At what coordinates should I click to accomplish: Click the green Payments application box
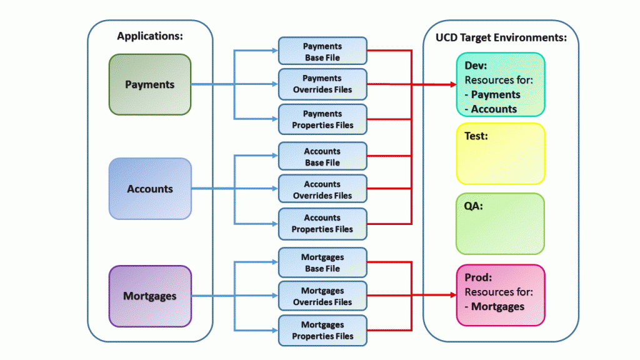tap(150, 84)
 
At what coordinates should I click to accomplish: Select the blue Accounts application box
tap(150, 189)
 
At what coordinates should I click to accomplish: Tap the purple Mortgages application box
tap(150, 296)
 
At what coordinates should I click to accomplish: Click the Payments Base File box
tap(322, 52)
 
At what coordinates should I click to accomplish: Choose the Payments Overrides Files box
tap(322, 84)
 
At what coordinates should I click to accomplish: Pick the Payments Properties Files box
tap(322, 119)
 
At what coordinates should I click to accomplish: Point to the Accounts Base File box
tap(322, 157)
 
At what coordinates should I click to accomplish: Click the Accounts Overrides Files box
tap(322, 190)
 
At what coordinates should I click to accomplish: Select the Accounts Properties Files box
tap(322, 224)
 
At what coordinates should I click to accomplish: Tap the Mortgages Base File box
tap(322, 263)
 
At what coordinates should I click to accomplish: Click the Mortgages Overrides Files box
tap(322, 296)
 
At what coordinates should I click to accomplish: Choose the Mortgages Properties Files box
tap(322, 331)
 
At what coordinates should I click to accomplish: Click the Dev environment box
tap(501, 84)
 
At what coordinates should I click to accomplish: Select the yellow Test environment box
tap(501, 154)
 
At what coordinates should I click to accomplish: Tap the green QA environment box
tap(501, 224)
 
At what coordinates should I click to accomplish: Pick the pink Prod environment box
tap(501, 295)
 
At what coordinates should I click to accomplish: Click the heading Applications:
tap(150, 36)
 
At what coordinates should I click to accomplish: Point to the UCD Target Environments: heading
tap(501, 37)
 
